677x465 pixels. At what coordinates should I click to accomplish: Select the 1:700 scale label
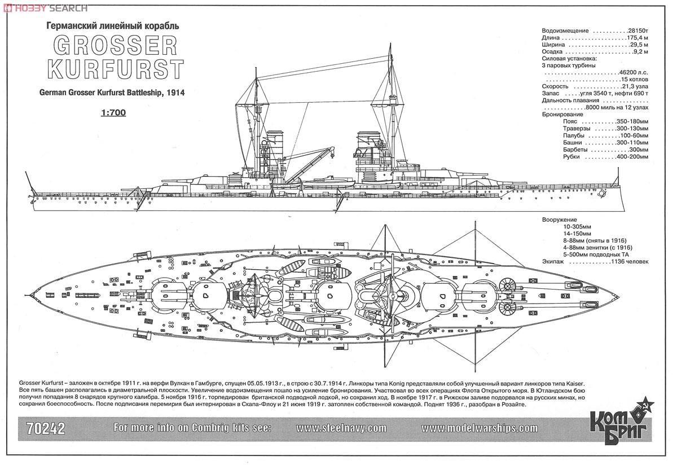115,112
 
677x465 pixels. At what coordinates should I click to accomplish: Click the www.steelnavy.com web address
341,428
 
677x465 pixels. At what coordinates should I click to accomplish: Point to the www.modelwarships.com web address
480,428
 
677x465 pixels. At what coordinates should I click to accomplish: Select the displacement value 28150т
639,30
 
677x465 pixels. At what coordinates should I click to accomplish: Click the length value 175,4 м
639,38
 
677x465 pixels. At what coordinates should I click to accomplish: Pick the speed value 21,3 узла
635,87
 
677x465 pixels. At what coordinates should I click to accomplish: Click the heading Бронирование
562,115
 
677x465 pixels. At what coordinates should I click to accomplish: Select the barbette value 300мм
638,150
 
